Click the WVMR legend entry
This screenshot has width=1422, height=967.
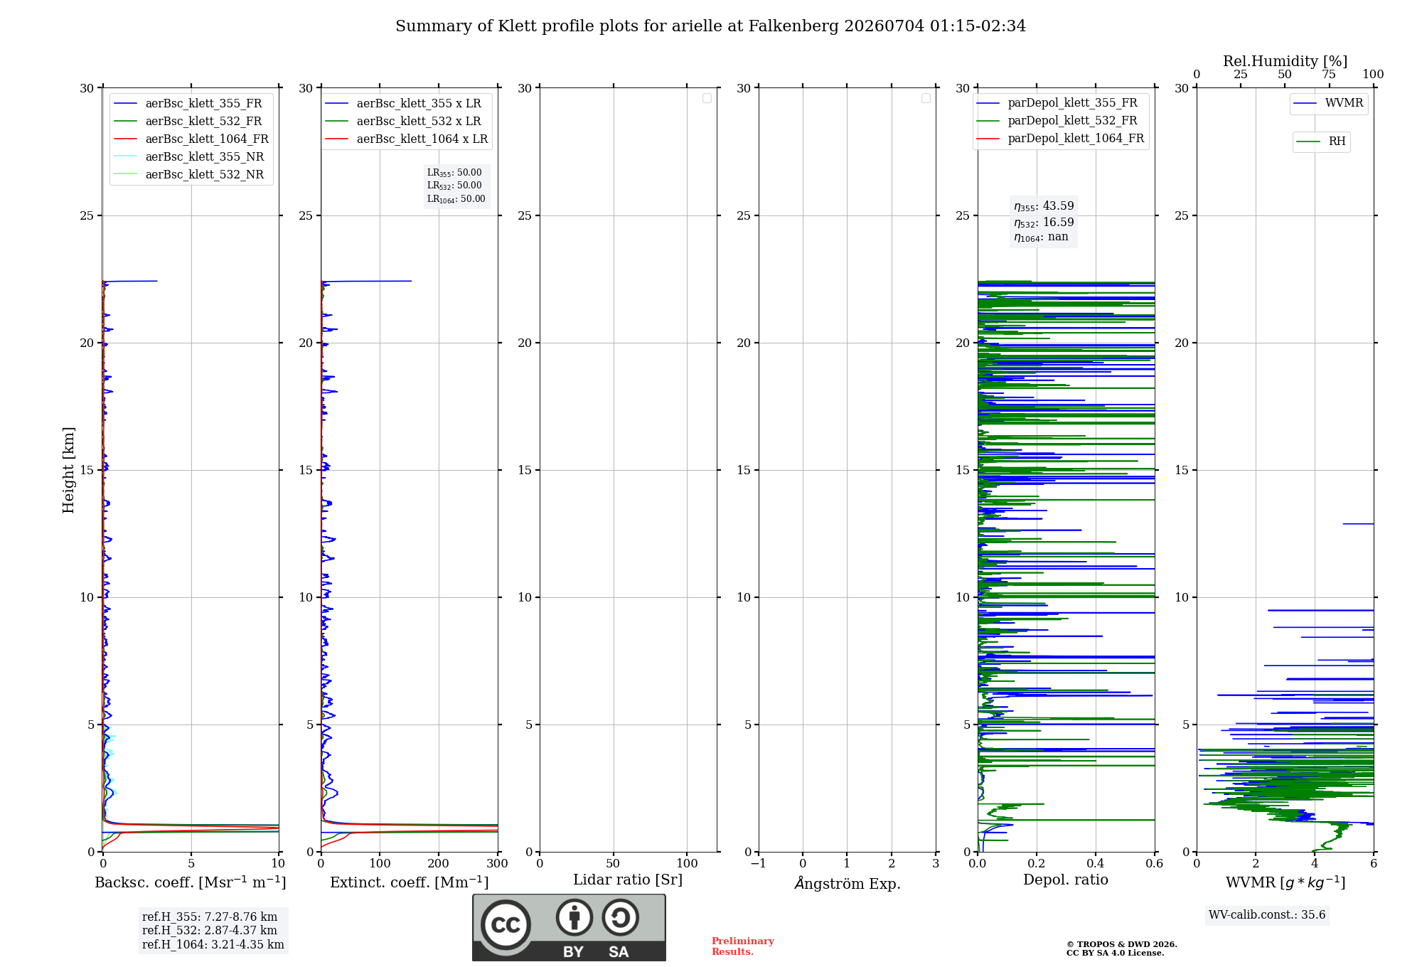click(1328, 103)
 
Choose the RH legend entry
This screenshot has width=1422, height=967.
click(1321, 141)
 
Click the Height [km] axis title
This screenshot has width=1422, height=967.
click(68, 470)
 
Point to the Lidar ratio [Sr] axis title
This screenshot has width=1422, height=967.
click(628, 880)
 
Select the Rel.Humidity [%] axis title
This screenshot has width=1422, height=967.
click(1285, 61)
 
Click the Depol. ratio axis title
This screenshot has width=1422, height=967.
click(1066, 880)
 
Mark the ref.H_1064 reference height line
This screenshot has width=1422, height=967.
click(213, 944)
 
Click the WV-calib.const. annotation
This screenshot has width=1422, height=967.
click(1267, 914)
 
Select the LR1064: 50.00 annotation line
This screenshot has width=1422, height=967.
click(456, 199)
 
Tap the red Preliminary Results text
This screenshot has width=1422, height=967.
click(743, 946)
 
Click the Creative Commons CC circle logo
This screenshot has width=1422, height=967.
click(506, 924)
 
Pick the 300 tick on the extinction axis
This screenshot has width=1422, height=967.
click(498, 863)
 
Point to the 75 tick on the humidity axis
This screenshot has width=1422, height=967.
click(1329, 74)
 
